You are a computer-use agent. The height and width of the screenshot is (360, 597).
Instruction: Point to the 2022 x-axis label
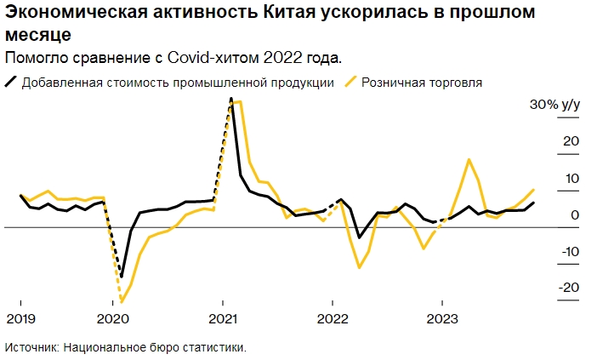332,319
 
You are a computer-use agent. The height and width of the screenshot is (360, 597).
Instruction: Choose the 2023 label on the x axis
441,319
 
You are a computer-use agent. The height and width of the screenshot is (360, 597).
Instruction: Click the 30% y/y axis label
554,106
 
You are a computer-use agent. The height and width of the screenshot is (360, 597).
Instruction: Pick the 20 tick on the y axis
571,141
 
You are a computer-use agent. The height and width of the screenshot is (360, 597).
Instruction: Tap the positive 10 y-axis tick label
571,178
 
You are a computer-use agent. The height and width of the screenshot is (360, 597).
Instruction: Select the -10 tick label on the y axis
568,251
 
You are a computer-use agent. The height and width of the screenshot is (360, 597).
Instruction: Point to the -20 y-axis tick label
567,288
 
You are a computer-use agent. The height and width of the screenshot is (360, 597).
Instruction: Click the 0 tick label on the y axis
576,214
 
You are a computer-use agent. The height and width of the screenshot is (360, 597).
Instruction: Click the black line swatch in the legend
11,83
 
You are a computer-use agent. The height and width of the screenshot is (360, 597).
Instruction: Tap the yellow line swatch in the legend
350,83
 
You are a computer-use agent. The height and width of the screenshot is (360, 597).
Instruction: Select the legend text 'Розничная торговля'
422,83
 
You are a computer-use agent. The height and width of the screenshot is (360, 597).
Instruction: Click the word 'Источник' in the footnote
31,347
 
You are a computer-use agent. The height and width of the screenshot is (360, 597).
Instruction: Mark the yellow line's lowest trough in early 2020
122,302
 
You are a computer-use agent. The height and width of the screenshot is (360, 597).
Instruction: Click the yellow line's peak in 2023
469,159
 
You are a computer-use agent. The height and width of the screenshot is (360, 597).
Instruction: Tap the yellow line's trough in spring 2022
360,267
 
